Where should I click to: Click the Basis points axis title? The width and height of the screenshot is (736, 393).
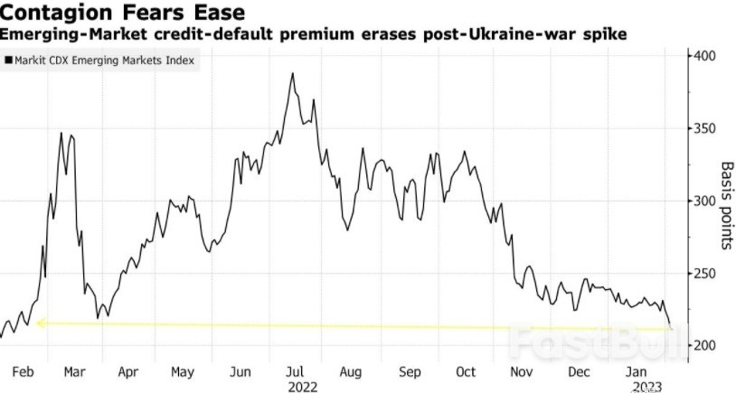click(x=725, y=206)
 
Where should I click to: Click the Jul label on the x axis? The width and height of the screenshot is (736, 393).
click(x=295, y=371)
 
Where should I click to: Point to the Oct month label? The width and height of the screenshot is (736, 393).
click(x=466, y=371)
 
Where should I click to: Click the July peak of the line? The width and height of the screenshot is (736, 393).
click(x=293, y=74)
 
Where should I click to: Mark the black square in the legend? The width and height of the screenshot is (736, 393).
click(x=9, y=61)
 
